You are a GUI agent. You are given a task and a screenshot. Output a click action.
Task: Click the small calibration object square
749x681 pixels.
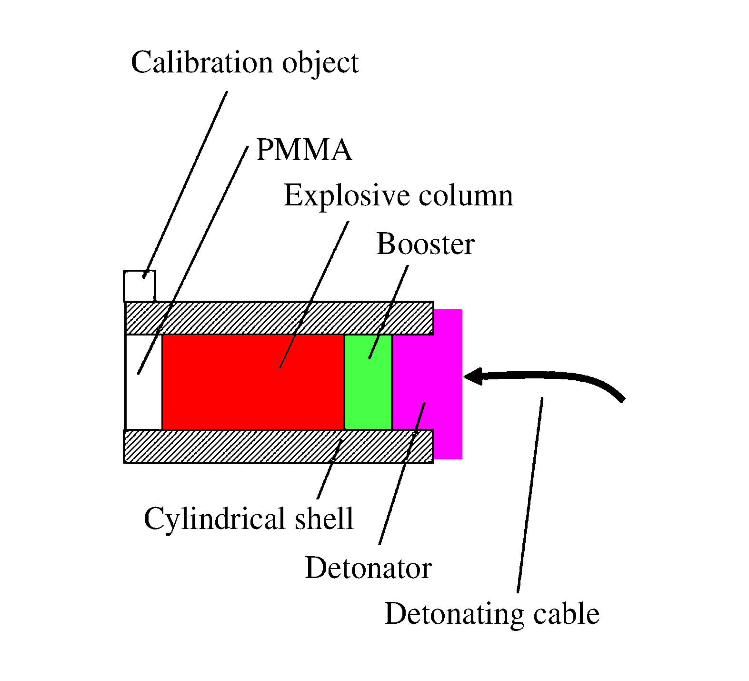click(140, 286)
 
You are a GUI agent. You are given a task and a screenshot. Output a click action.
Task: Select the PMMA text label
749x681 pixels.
click(304, 150)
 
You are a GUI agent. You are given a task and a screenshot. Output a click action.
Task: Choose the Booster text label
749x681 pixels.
click(425, 244)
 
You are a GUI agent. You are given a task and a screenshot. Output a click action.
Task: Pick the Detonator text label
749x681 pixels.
click(368, 568)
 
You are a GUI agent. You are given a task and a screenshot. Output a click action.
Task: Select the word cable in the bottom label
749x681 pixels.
click(566, 613)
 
